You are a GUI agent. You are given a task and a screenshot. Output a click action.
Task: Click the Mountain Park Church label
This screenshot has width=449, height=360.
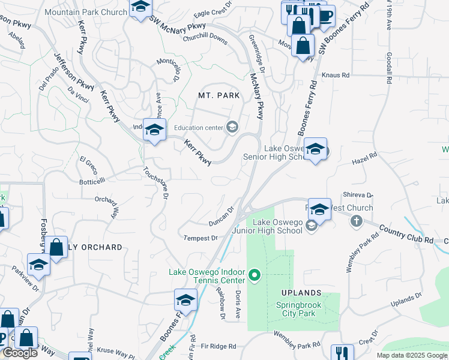tap(86, 12)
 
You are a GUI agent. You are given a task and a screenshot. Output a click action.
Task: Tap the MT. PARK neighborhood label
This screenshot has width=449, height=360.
tap(219, 95)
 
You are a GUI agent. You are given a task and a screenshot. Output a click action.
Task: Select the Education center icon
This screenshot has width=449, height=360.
tap(232, 127)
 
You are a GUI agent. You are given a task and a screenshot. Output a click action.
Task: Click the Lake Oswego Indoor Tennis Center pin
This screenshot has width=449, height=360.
tap(255, 276)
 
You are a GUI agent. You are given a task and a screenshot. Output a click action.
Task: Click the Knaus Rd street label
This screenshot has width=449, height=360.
tap(336, 75)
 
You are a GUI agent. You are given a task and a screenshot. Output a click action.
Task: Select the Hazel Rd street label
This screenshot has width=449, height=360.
tap(364, 158)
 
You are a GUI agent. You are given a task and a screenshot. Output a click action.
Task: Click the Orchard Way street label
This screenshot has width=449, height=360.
tap(107, 204)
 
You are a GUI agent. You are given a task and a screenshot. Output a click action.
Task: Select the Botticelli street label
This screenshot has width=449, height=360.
tap(92, 179)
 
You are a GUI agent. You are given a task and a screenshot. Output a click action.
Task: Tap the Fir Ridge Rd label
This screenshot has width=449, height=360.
tap(218, 346)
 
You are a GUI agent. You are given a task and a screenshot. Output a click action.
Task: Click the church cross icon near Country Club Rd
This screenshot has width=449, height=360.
tap(356, 221)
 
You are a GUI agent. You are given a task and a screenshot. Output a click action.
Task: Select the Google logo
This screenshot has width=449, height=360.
tap(19, 353)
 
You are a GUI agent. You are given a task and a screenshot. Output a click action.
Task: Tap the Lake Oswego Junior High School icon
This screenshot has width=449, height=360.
tap(311, 226)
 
